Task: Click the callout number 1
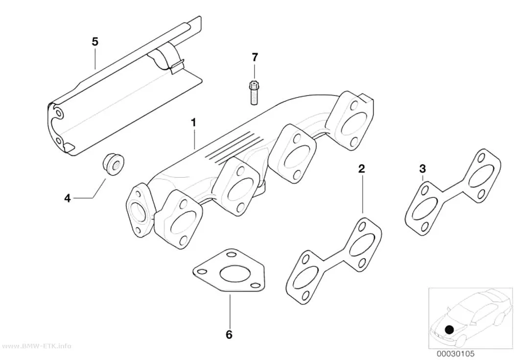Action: coord(193,123)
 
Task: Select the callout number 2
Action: coord(362,169)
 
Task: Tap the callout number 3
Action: coord(422,169)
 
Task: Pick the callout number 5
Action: coord(95,42)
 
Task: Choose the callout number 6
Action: coord(229,335)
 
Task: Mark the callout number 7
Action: coord(255,57)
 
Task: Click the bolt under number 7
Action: coord(254,93)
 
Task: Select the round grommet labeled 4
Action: coord(113,165)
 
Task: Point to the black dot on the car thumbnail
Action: coord(449,330)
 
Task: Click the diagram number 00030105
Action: coord(455,354)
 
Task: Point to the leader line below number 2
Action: coord(362,195)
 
